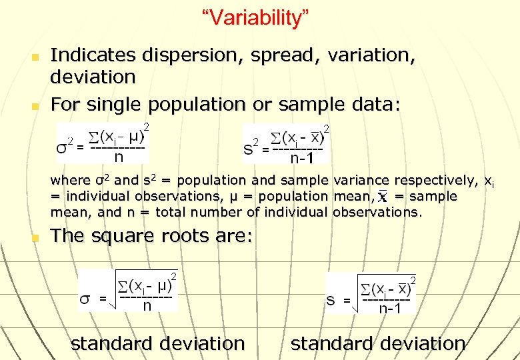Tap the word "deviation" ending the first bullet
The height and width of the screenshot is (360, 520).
[x=93, y=77]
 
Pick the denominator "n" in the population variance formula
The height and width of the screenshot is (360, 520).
[x=119, y=158]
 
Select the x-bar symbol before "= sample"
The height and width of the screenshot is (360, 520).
[x=383, y=197]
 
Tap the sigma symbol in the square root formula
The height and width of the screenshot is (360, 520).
[x=85, y=299]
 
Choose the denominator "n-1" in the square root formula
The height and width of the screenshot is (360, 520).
[x=389, y=309]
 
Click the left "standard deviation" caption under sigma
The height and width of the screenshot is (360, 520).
[x=157, y=343]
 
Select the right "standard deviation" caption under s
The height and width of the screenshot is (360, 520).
[x=378, y=343]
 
